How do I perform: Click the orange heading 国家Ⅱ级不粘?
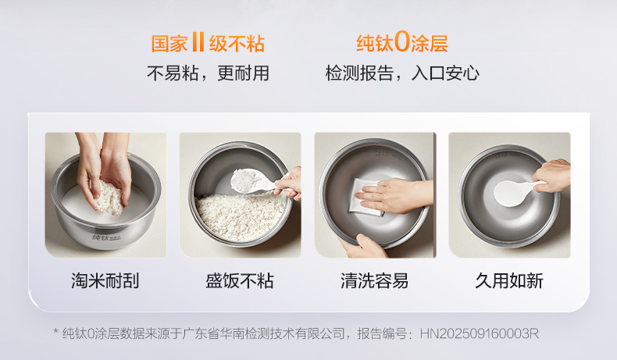[x=208, y=43]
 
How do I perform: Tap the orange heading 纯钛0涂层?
[x=402, y=42]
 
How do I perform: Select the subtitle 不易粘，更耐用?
[x=208, y=73]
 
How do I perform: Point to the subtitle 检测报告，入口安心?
[x=402, y=73]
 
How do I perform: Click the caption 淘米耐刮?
[x=105, y=281]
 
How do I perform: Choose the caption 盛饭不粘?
[x=240, y=281]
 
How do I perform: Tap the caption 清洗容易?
[x=375, y=281]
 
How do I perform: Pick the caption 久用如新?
[x=509, y=281]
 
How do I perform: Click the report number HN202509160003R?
[x=480, y=333]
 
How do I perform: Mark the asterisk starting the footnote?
[x=56, y=332]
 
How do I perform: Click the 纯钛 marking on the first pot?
[x=100, y=237]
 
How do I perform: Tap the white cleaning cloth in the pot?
[x=366, y=197]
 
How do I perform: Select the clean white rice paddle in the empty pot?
[x=515, y=192]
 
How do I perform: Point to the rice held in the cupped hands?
[x=109, y=198]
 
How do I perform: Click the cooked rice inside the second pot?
[x=241, y=216]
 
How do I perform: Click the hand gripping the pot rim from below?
[x=362, y=246]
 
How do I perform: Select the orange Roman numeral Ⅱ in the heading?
[x=198, y=42]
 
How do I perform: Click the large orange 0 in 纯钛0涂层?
[x=402, y=42]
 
